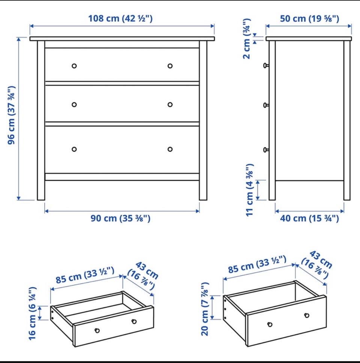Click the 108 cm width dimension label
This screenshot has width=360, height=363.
(120, 18)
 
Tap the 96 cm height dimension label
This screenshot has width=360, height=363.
(11, 115)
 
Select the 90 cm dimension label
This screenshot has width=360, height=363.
(120, 218)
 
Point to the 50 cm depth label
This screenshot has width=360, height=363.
(309, 18)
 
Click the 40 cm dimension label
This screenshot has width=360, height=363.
(309, 218)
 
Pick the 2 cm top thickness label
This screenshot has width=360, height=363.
(247, 39)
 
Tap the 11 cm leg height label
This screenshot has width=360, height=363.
(250, 190)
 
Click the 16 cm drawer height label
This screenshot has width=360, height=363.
(32, 313)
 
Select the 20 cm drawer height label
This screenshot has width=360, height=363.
(205, 309)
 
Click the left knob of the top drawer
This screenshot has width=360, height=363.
(74, 66)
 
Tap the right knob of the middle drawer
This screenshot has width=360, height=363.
(170, 105)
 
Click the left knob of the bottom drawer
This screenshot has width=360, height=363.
(74, 149)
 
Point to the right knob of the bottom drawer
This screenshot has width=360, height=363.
(170, 149)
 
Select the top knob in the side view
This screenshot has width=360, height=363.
(266, 66)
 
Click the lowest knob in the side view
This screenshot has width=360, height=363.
(266, 150)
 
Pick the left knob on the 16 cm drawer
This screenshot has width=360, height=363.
(97, 330)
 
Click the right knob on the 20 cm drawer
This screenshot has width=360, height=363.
(307, 315)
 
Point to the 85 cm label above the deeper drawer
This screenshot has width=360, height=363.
(257, 264)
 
